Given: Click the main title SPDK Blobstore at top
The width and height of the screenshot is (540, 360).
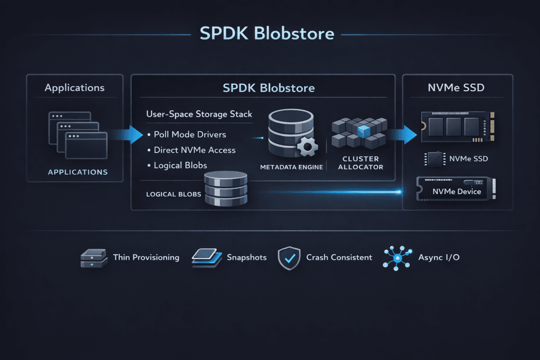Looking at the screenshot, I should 267,34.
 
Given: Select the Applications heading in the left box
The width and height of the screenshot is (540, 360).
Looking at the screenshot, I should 74,88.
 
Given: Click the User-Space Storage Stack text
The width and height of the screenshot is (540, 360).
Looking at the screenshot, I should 199,114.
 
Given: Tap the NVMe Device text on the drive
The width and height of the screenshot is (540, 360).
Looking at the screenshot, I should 457,191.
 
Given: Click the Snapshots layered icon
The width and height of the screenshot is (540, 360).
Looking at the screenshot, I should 206,258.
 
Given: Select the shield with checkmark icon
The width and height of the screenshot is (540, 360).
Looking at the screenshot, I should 288,258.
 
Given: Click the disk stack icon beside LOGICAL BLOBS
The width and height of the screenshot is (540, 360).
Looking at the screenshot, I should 225,189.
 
